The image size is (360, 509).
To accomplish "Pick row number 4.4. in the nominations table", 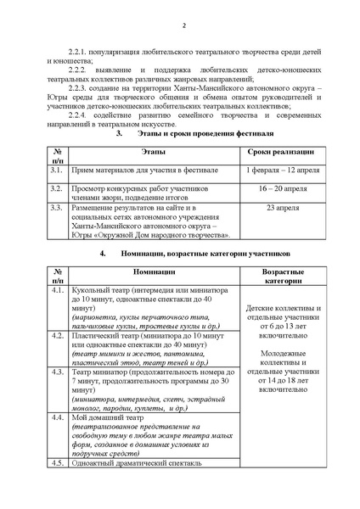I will pos(58,418).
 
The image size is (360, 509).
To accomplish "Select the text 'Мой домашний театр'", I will pos(104,418).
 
